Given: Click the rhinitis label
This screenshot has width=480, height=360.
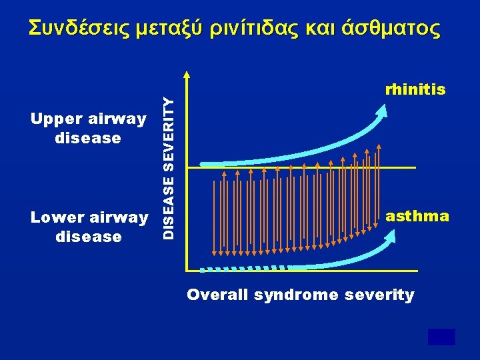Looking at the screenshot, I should pyautogui.click(x=415, y=89).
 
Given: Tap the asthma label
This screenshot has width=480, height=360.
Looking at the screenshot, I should pyautogui.click(x=417, y=216).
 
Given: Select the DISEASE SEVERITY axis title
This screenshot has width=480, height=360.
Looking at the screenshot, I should pyautogui.click(x=171, y=167).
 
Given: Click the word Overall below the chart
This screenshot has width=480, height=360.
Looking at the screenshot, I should pyautogui.click(x=219, y=295).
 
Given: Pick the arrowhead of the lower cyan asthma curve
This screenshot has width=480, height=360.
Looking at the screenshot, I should pyautogui.click(x=389, y=235).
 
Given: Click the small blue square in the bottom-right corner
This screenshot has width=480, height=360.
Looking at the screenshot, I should pyautogui.click(x=441, y=337).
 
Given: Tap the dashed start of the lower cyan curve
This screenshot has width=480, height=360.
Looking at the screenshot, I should pyautogui.click(x=213, y=270).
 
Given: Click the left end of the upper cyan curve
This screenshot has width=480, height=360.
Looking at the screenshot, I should pyautogui.click(x=203, y=163).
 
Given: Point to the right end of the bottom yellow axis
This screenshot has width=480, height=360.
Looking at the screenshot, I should pyautogui.click(x=417, y=271).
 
